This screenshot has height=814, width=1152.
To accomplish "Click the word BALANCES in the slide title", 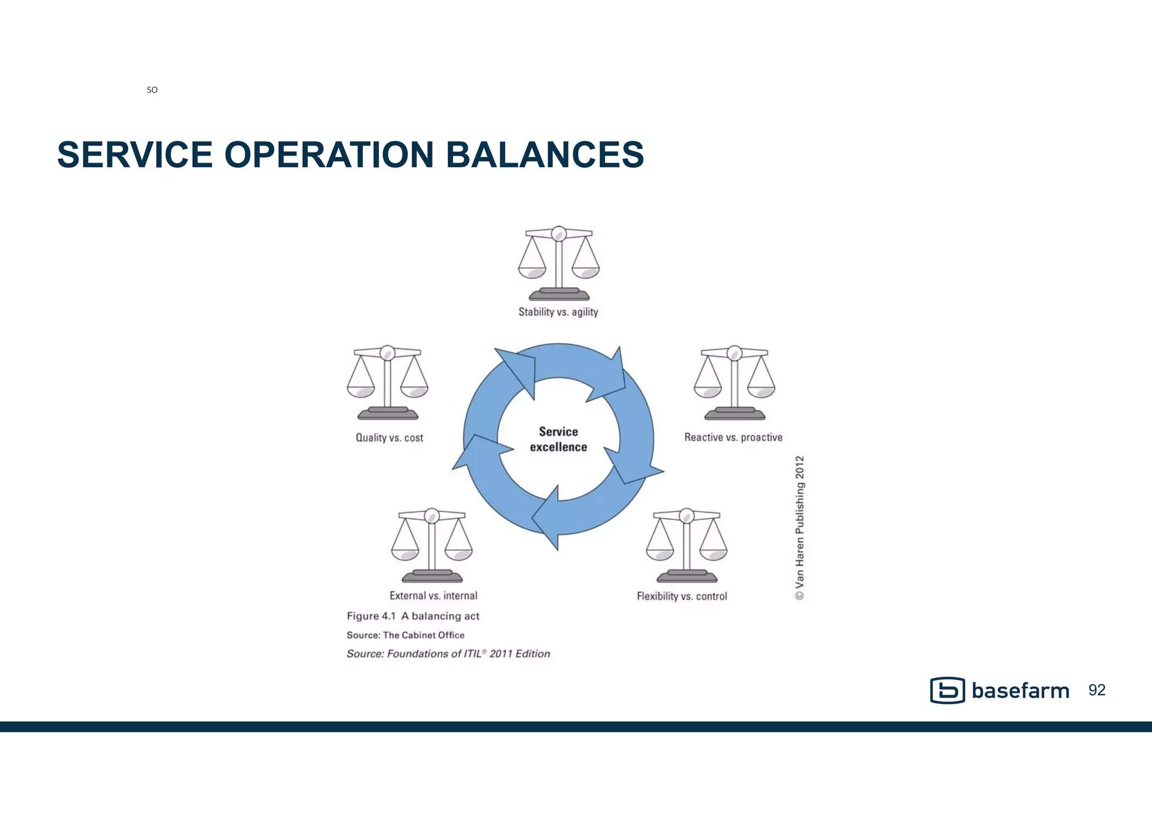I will pos(544,155).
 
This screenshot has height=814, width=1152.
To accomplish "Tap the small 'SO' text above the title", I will pos(152,90).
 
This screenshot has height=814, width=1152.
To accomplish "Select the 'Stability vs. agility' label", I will pos(558,312).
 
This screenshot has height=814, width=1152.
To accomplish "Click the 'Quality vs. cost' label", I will pos(389,438).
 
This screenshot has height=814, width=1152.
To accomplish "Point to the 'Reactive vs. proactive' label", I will pos(733,438).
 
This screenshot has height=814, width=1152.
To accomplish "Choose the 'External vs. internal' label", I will pos(433,596).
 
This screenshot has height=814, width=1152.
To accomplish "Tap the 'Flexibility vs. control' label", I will pos(682,596).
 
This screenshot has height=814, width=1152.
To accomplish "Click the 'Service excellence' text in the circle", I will pos(559,439).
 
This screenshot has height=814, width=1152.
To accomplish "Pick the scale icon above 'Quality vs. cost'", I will pos(388,383).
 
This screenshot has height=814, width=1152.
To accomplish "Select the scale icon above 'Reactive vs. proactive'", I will pos(734,383).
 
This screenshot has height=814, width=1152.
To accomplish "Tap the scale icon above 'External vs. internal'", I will pos(432,545).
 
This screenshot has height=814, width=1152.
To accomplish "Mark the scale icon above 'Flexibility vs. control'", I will pos(687,545).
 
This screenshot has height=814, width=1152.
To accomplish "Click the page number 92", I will pos(1097,690).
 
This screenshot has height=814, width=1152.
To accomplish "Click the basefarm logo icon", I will pos(947,690).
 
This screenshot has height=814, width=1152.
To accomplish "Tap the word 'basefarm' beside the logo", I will pos(1020,691).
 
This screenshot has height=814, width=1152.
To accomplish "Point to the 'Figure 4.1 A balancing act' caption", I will pos(413,616).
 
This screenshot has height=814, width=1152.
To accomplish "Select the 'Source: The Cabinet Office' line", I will pos(406,635).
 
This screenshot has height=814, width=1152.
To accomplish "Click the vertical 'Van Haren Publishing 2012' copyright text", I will pos(800,528).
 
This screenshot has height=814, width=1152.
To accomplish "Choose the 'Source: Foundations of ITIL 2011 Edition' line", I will pos(448,654).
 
